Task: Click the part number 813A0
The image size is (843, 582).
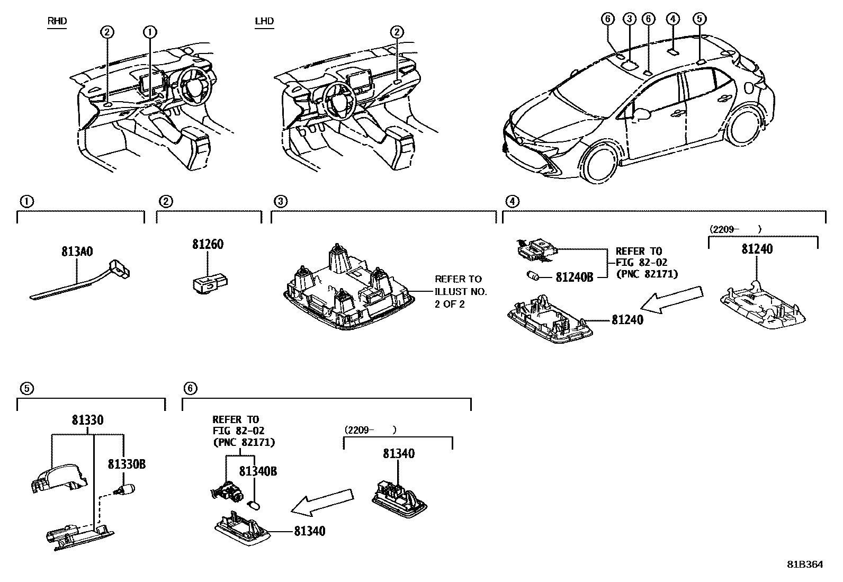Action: [77, 252]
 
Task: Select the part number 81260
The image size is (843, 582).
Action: [207, 245]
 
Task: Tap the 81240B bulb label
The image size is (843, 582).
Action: [574, 277]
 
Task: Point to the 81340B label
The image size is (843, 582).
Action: [258, 471]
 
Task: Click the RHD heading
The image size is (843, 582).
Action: [57, 21]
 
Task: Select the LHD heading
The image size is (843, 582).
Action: [264, 21]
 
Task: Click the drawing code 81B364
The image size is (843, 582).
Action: [805, 565]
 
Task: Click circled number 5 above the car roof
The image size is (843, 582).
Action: [699, 19]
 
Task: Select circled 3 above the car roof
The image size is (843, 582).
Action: [629, 19]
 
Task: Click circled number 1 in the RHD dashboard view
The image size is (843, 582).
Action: [150, 32]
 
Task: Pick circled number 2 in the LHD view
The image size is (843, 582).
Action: [397, 32]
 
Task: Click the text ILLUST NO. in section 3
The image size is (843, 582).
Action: [460, 291]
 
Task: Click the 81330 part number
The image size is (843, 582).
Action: [87, 420]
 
